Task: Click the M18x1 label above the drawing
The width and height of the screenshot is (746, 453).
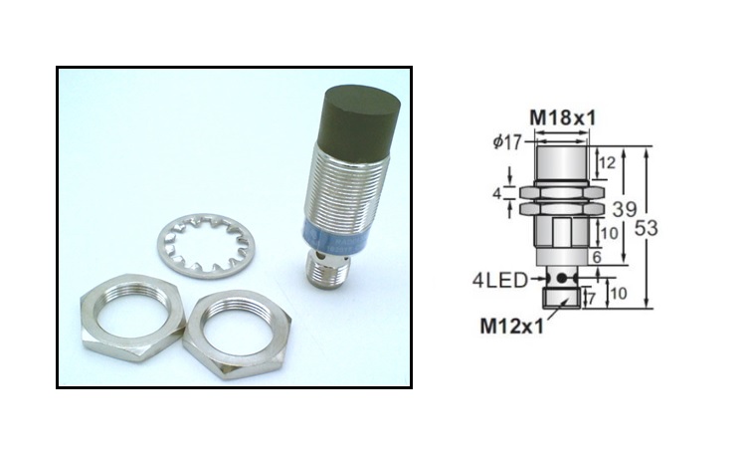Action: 562,117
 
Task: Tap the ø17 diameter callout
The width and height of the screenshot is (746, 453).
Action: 507,142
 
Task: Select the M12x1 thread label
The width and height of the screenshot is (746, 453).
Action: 512,325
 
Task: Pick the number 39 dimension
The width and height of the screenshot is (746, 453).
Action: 624,210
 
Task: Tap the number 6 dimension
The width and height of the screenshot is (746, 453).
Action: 597,257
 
